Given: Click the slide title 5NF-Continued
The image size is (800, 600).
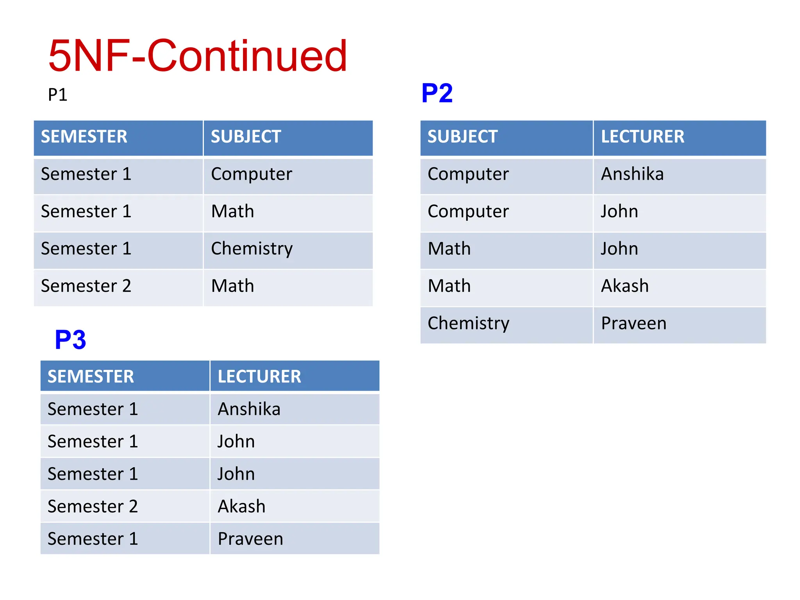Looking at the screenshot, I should tap(197, 56).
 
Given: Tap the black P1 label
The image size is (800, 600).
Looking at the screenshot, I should tap(57, 95).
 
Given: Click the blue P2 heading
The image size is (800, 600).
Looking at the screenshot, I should tap(437, 93).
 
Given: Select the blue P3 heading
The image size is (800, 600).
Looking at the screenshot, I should tap(70, 339).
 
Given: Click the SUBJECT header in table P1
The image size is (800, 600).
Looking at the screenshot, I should tap(246, 137).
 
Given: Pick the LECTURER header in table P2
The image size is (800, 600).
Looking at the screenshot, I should tap(642, 137).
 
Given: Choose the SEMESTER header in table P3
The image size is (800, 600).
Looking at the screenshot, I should tap(91, 377).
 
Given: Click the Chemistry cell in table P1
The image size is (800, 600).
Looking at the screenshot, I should tap(252, 249).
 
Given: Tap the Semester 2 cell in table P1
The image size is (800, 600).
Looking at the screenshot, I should tap(86, 286).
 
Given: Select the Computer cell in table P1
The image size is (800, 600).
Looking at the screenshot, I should tap(251, 174).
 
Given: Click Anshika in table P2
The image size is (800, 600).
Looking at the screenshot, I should tap(632, 174).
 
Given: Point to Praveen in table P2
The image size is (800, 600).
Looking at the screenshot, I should tap(633, 323).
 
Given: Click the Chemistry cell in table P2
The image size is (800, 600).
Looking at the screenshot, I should tap(468, 323).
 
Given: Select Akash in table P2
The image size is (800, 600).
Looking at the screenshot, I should tap(624, 286).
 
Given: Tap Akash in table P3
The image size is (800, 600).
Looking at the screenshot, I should tap(241, 507).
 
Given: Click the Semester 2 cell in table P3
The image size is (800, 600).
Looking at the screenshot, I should tap(93, 507).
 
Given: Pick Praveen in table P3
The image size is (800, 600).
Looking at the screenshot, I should tap(250, 539).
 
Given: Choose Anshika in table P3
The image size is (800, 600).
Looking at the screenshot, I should tap(249, 409).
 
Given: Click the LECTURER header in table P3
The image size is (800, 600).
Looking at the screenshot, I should tap(259, 377).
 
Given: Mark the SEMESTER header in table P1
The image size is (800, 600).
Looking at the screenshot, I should tap(84, 137).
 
